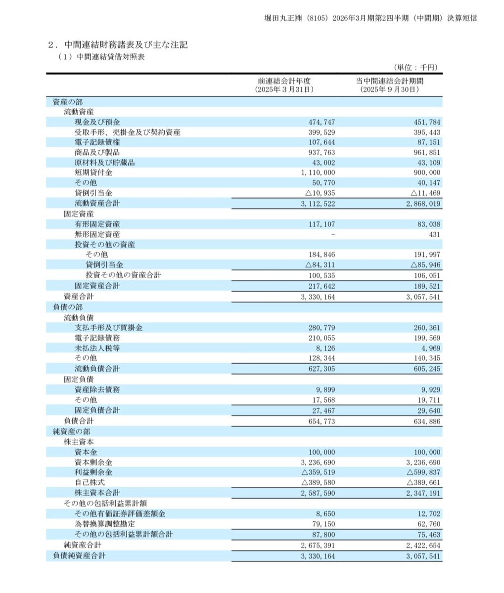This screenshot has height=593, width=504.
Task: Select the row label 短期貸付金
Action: coord(93,173)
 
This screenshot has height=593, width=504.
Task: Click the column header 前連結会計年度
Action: coord(284,81)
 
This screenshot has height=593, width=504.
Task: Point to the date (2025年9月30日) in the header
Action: coord(390,90)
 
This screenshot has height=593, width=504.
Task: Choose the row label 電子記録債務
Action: coord(97,338)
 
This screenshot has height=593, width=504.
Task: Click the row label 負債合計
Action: coord(79,421)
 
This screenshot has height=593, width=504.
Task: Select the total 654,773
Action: coord(321,422)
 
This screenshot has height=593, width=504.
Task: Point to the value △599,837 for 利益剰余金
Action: coord(423,472)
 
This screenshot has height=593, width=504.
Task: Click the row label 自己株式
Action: coord(90,482)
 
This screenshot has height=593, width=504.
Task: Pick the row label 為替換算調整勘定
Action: coord(104,524)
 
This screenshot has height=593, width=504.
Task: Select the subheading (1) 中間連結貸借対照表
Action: coord(101,57)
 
